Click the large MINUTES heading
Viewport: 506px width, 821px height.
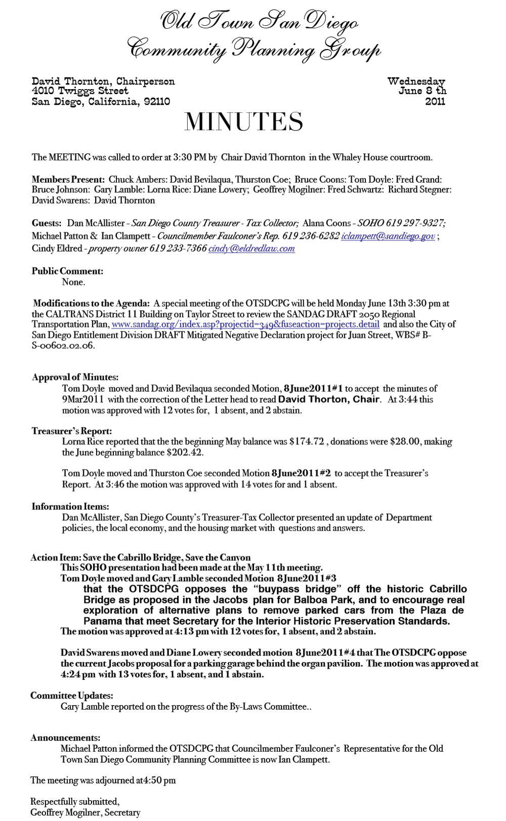click(x=244, y=122)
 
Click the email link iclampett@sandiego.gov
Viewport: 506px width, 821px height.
click(x=388, y=236)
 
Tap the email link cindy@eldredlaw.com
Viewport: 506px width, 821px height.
click(x=251, y=249)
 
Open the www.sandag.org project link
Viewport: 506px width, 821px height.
click(x=245, y=324)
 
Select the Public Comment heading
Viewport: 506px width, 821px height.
click(x=67, y=271)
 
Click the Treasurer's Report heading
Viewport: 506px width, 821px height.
click(x=72, y=431)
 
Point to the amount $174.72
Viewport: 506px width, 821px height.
click(x=307, y=441)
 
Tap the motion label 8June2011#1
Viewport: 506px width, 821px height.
click(x=313, y=389)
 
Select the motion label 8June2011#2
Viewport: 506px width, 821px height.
click(x=301, y=473)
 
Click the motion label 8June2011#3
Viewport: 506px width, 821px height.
click(x=307, y=578)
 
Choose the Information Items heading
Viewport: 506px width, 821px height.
click(x=70, y=507)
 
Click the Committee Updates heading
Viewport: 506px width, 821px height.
click(x=71, y=696)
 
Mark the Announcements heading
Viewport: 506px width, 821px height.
click(x=65, y=738)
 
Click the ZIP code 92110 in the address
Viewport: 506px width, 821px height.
click(x=157, y=102)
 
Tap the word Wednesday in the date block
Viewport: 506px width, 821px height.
click(x=416, y=81)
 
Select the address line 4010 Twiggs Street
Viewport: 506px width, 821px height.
click(x=80, y=91)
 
